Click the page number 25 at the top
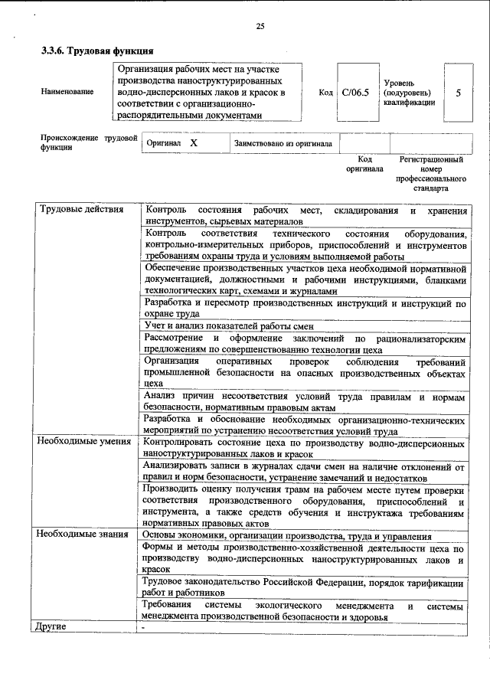[260, 27]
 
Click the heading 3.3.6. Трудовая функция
[92, 52]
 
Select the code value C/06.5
[357, 92]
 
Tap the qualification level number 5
[458, 92]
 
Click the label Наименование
[68, 92]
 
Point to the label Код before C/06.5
[325, 92]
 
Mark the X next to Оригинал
[194, 143]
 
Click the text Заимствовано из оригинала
[283, 143]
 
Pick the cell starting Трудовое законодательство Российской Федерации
[304, 587]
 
